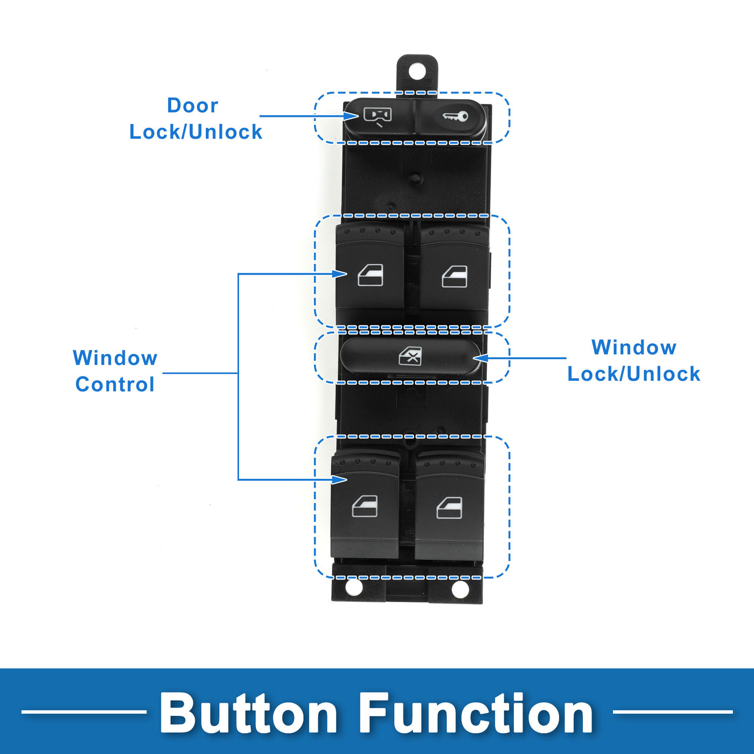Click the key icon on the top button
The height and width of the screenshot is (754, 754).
(455, 116)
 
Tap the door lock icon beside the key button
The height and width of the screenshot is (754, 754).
(377, 116)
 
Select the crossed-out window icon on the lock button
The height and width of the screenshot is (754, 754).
(410, 357)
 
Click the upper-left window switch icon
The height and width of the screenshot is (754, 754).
(371, 275)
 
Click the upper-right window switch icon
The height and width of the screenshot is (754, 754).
(455, 277)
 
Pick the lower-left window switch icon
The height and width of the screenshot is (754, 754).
(365, 507)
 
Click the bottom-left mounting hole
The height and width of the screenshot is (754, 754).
(353, 587)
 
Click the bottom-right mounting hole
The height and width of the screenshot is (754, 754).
(460, 589)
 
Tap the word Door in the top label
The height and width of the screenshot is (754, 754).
(192, 106)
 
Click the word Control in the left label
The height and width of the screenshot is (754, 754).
(115, 385)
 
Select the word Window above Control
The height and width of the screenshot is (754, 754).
(115, 358)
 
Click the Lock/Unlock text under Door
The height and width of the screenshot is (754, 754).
(196, 132)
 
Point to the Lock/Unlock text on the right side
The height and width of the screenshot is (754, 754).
(633, 374)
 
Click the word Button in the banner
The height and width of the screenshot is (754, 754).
(248, 714)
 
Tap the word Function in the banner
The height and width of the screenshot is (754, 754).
(476, 714)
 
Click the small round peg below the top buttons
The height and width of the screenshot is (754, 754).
(415, 178)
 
